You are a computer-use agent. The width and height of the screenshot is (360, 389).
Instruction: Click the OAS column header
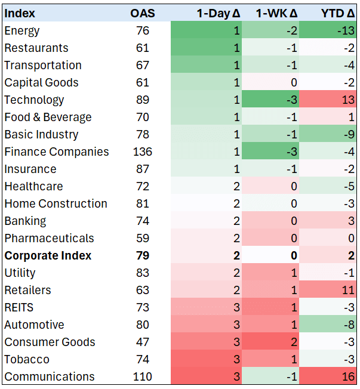coord(143,13)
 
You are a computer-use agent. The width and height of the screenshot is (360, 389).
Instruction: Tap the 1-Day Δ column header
coord(219,13)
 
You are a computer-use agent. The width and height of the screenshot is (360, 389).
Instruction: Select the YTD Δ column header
coord(338,13)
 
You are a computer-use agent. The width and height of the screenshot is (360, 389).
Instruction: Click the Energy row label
coord(22,31)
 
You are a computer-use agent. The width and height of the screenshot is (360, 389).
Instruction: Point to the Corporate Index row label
coord(48,255)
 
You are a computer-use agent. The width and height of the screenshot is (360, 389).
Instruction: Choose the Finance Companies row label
coord(57,152)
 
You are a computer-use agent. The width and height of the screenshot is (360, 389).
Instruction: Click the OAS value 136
coord(143,152)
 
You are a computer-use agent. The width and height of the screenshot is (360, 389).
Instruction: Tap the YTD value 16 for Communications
coord(348,376)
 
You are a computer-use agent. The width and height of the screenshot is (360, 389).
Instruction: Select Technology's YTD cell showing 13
coord(348,100)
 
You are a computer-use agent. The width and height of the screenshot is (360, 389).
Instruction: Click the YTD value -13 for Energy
coord(346,31)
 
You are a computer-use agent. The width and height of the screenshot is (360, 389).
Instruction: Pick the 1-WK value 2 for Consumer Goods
coord(294,342)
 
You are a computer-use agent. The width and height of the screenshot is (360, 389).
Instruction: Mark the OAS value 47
coord(143,342)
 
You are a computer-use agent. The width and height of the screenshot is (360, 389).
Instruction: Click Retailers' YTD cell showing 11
coord(348,291)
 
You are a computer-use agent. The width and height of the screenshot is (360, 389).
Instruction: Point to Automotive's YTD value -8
coord(349,325)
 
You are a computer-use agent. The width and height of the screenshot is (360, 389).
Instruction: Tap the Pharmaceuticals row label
coord(49,239)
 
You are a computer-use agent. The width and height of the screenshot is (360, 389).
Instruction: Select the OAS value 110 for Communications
coord(143,376)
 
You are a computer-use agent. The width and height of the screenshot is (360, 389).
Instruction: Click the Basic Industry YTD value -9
coord(349,134)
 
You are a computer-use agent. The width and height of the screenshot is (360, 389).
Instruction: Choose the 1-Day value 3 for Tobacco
coord(237,360)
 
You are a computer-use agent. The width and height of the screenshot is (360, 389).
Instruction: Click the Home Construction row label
coord(56,203)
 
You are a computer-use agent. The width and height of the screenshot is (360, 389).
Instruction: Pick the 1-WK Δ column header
coord(277,13)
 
